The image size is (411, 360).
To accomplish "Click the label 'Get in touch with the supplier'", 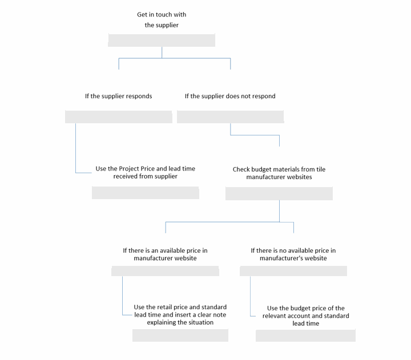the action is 162,19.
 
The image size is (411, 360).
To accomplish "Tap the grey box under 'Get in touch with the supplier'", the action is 162,40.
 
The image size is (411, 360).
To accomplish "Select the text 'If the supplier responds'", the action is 119,96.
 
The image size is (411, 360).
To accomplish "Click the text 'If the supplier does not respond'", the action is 230,96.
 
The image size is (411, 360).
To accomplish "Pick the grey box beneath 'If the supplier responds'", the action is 119,117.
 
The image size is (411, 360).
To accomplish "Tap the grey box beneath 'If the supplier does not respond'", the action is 231,117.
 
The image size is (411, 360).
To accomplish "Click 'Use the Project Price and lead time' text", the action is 145,168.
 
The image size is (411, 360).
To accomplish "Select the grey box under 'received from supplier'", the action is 146,193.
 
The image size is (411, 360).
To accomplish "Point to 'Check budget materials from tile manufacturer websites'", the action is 279,173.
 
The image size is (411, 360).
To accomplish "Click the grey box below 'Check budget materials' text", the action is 279,193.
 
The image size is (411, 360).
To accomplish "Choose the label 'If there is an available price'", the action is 165,250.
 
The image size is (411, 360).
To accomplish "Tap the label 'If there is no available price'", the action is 293,250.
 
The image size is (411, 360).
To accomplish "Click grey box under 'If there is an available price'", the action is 165,271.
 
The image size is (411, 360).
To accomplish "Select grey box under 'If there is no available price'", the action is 293,271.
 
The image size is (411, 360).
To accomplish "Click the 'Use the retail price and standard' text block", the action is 180,314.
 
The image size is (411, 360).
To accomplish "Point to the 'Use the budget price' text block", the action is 305,315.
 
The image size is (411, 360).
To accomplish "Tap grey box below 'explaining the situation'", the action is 180,335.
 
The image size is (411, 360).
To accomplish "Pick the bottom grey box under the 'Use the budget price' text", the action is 305,335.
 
